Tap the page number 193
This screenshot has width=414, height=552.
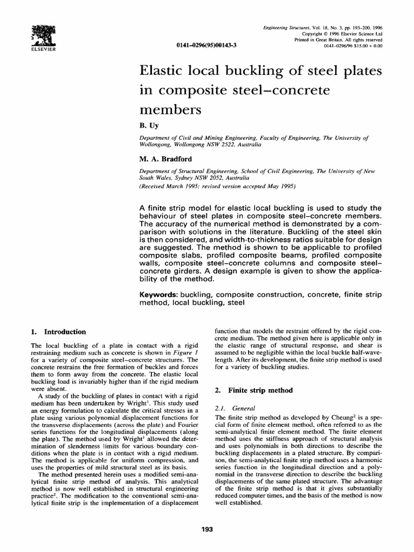click(207, 529)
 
